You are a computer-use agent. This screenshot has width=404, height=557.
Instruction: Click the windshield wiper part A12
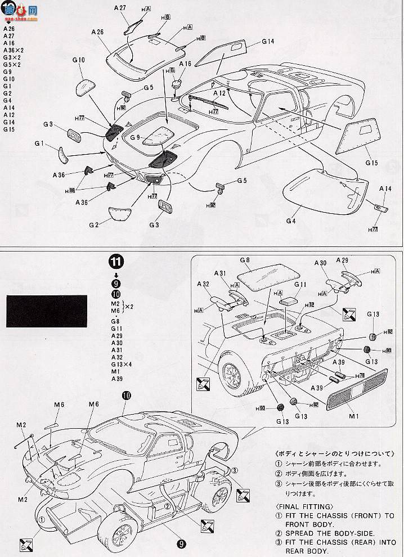[x=209, y=101]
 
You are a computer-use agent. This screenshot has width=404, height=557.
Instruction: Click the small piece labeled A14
[x=381, y=208]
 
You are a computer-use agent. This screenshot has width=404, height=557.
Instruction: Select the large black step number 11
[x=116, y=262]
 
